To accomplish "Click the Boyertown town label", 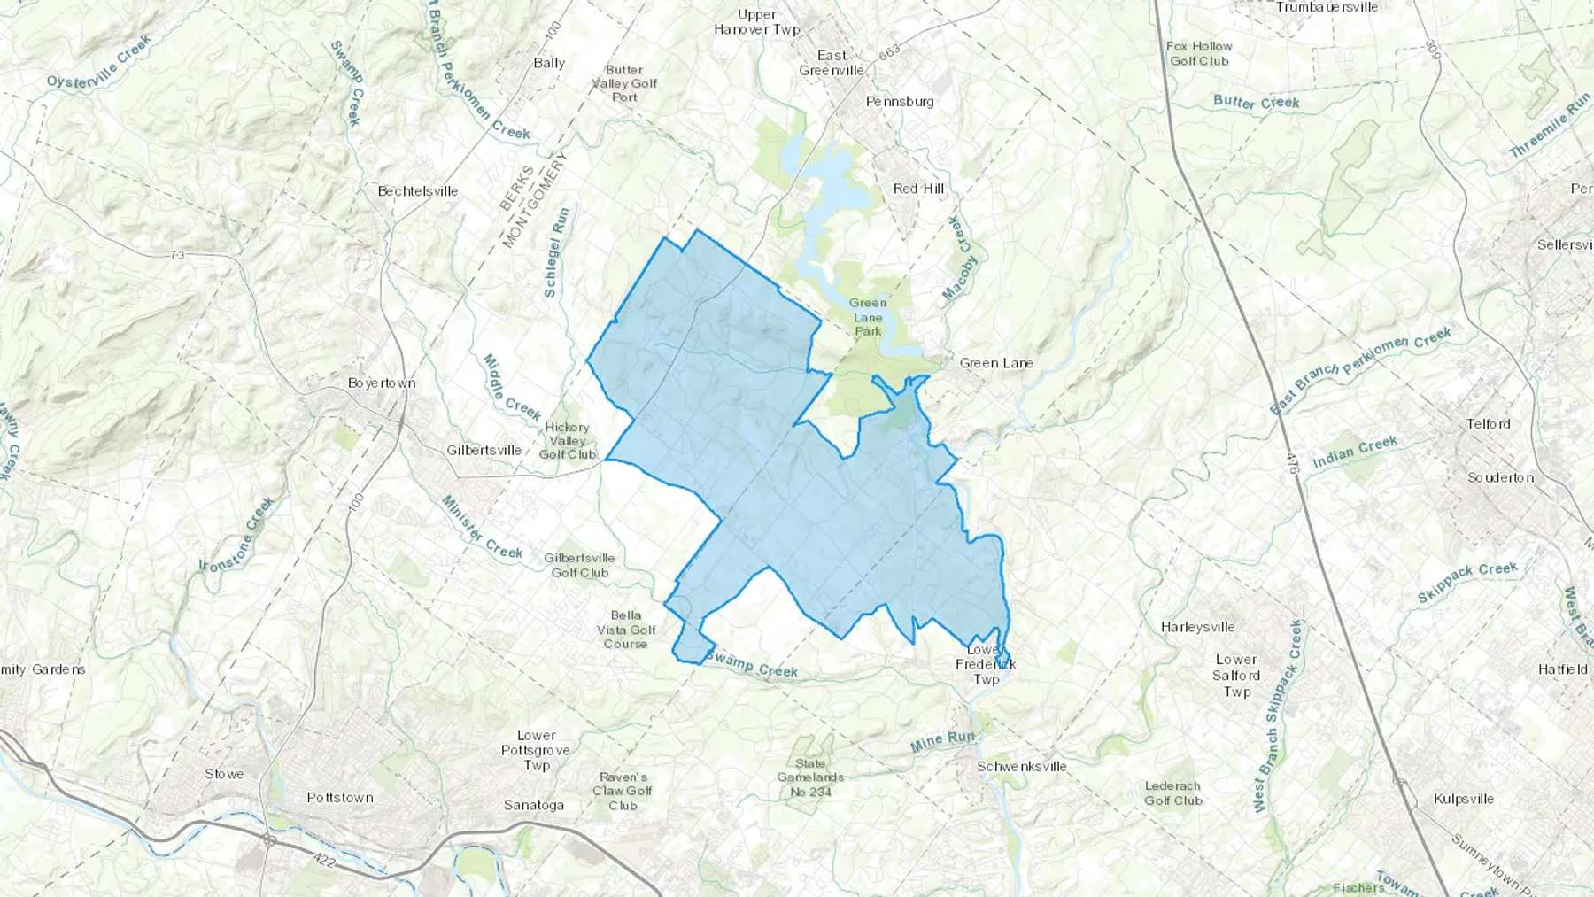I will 382,383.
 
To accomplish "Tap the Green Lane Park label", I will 868,316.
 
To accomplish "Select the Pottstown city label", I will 340,797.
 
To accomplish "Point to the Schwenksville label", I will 1022,766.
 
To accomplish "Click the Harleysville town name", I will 1197,627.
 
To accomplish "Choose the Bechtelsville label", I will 418,190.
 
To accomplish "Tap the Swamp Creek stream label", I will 752,665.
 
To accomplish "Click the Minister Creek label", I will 482,528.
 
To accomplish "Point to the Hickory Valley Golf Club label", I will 568,440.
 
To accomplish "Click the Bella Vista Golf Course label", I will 626,629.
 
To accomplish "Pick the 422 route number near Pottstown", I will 324,858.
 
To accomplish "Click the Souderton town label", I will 1500,477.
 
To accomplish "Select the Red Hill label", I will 918,188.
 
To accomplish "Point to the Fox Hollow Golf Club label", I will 1199,53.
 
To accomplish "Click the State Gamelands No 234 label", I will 809,777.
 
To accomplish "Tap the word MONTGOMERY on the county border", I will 534,199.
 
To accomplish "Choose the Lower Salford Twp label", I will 1236,675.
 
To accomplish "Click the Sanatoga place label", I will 534,805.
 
